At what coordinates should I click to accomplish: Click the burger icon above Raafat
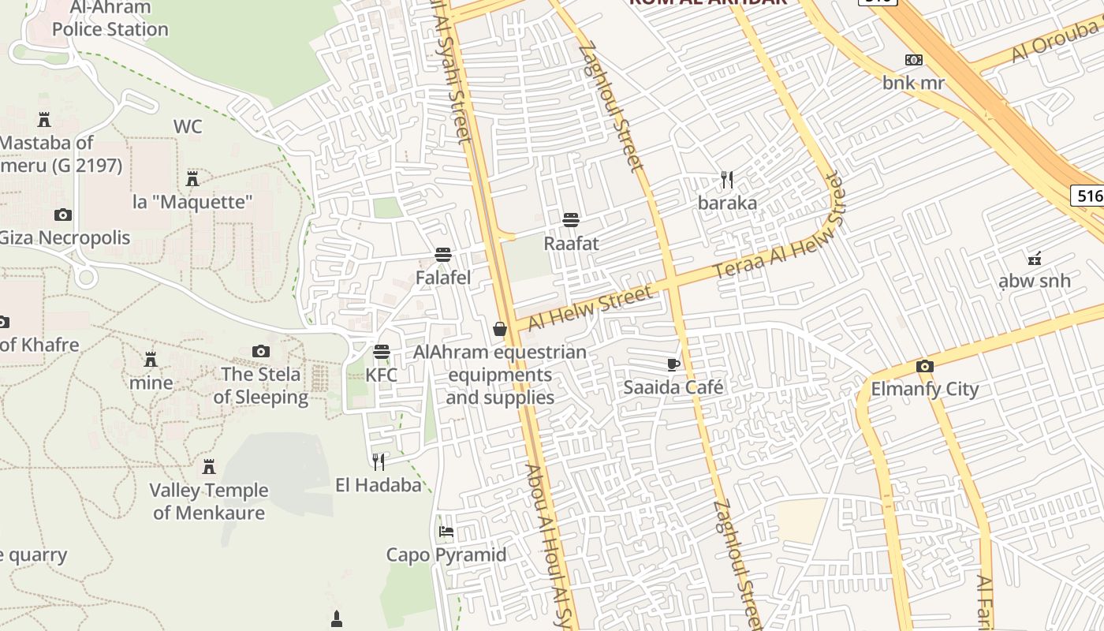(x=571, y=219)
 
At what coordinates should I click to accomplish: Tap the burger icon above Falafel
(x=443, y=255)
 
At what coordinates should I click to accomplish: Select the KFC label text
(x=382, y=375)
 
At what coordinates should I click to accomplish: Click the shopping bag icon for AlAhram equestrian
(x=500, y=329)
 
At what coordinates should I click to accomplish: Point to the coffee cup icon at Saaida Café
(x=673, y=364)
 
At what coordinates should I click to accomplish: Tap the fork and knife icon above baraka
(x=727, y=180)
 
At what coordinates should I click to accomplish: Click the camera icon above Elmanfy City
(x=924, y=366)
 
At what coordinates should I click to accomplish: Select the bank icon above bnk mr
(x=914, y=60)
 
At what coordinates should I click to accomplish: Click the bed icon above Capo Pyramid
(x=446, y=531)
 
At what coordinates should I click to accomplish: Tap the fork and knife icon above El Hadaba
(x=379, y=461)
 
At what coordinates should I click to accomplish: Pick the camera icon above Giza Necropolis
(x=63, y=215)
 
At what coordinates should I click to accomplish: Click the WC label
(x=188, y=126)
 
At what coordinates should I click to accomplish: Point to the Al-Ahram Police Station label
(x=110, y=19)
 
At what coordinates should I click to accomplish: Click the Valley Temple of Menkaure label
(x=209, y=501)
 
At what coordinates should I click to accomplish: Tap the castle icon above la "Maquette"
(x=192, y=177)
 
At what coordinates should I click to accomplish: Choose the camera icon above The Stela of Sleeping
(x=260, y=351)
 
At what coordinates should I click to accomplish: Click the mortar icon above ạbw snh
(x=1034, y=257)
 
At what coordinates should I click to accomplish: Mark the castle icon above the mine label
(x=151, y=360)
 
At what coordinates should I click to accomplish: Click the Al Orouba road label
(x=1057, y=42)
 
